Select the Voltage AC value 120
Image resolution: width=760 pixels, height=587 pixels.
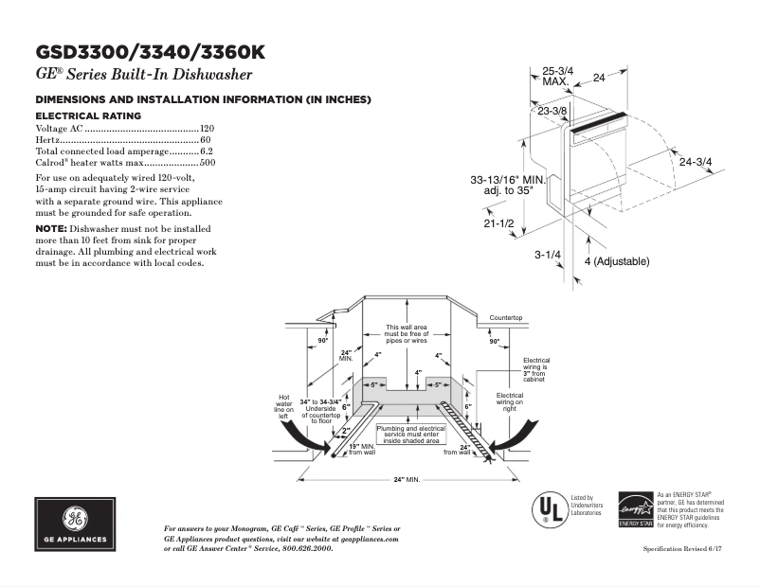pos(208,128)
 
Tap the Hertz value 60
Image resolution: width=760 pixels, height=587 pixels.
pos(206,139)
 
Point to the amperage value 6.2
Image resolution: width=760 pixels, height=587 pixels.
pos(207,151)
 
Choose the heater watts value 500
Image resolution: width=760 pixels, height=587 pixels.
pos(208,163)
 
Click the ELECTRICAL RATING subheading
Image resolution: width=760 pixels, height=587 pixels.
pos(88,116)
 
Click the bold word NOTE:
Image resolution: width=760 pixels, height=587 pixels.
pos(49,229)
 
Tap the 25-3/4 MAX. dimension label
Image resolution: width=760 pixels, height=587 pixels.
pos(556,76)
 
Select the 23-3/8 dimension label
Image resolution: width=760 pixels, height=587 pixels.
pos(552,112)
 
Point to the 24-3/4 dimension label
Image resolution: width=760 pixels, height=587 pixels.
pos(696,161)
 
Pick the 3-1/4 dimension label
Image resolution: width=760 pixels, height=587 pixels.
pos(548,255)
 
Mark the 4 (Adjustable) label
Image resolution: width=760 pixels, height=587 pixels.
pos(616,260)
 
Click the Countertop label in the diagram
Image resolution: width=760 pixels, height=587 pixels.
pos(506,316)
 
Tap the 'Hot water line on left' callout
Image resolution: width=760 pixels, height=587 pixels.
pos(282,409)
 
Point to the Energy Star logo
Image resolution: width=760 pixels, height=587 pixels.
pos(635,509)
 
